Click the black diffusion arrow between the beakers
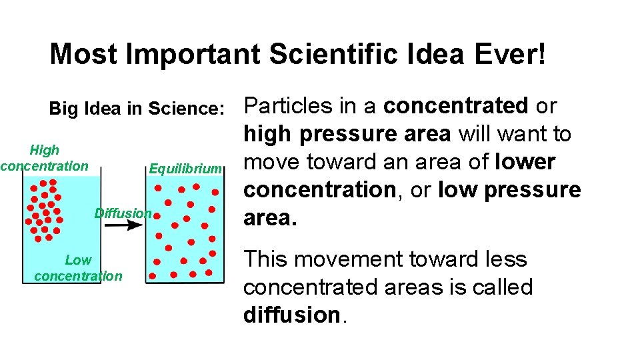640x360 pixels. (x=123, y=225)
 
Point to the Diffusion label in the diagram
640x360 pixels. (x=123, y=213)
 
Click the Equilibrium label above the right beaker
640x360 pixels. (x=185, y=169)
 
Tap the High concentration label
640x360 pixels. (x=44, y=158)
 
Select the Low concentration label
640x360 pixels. (x=78, y=268)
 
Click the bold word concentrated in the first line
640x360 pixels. (x=456, y=106)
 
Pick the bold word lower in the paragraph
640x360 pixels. (x=525, y=162)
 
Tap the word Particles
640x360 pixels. (x=287, y=106)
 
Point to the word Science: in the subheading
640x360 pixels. (x=186, y=109)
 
